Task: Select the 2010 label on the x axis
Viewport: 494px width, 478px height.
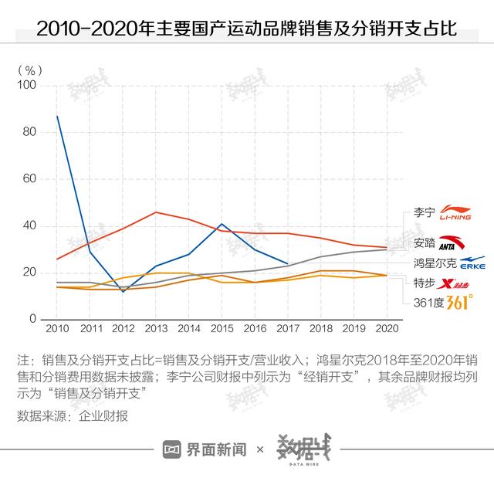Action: (x=57, y=329)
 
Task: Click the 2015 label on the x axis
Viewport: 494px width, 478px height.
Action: (x=222, y=329)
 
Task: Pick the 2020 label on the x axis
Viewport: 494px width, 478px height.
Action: (x=386, y=329)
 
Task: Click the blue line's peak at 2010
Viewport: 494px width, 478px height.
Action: (x=57, y=116)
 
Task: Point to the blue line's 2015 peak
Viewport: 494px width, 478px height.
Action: (x=222, y=224)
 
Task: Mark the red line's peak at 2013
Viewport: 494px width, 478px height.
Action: (x=156, y=212)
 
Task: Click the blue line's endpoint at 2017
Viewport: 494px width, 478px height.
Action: (x=288, y=263)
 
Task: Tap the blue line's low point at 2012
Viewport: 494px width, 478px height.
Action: (x=123, y=292)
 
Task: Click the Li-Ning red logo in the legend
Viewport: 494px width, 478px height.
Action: (x=455, y=214)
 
